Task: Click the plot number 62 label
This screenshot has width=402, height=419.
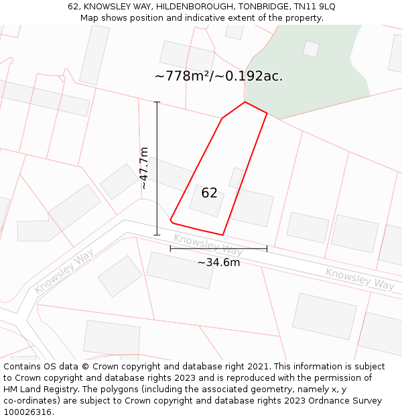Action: coord(209,193)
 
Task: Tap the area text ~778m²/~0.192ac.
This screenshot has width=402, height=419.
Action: coord(218,76)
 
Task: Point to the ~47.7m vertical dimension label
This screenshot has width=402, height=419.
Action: coord(144,168)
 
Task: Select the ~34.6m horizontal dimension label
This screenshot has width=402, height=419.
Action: coord(218,262)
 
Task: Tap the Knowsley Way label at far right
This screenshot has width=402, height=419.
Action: coord(360,279)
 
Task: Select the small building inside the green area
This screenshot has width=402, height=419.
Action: coord(311,48)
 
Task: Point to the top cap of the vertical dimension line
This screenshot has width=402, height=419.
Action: coord(157,102)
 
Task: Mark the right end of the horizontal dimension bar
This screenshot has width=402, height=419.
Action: coord(267,248)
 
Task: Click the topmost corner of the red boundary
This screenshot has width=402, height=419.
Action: coord(245,102)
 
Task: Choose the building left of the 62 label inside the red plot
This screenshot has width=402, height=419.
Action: coord(206,201)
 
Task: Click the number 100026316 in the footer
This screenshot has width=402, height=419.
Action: coord(29,412)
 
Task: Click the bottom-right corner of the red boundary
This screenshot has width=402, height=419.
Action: coord(222,235)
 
